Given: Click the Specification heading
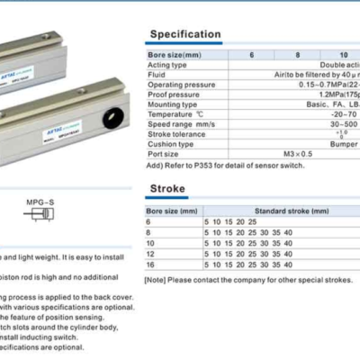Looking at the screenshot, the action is tap(184, 34).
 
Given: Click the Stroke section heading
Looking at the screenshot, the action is tap(167, 188).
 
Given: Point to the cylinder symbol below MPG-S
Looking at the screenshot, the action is tap(39, 217).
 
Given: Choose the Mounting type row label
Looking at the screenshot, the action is tap(172, 103).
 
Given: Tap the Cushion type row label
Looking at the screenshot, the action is tap(171, 143).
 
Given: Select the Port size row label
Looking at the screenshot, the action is tap(165, 153).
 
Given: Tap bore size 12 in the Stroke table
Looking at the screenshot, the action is tap(151, 255).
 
